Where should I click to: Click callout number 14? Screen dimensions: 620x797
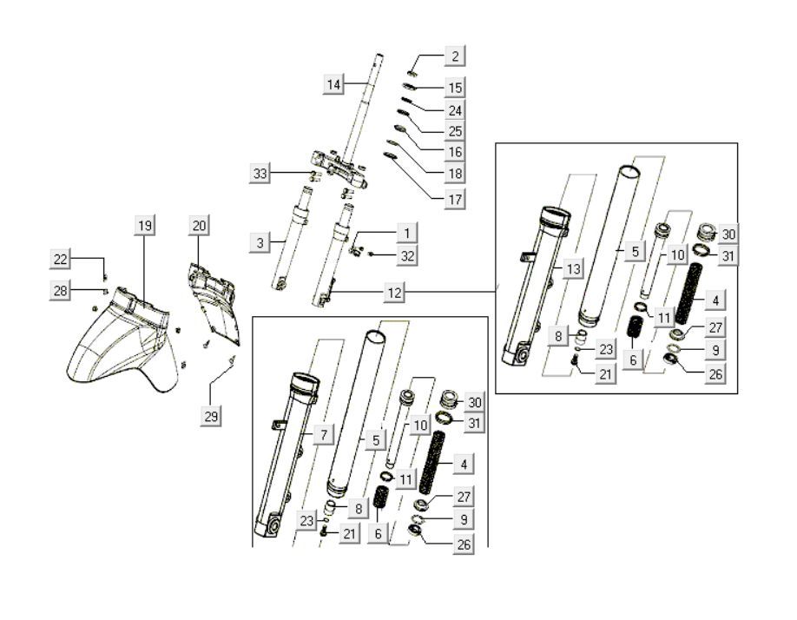coord(334,84)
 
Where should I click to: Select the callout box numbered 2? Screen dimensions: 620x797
coord(453,57)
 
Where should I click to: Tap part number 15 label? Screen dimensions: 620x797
coord(454,88)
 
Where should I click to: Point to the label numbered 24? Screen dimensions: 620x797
coord(454,110)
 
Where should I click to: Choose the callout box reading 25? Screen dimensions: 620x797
coord(454,131)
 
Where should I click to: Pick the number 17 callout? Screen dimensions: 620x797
coord(454,199)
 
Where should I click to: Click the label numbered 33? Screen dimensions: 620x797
coord(259,173)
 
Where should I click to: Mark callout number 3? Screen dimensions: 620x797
coord(260,243)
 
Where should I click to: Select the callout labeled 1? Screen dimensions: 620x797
coord(405,233)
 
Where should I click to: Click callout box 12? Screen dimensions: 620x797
coord(394,294)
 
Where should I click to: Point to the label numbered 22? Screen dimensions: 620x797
coord(60,259)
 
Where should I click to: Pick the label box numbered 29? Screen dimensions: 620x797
coord(209,417)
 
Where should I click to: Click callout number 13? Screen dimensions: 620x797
coord(572,270)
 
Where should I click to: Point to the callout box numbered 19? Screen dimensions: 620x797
coord(144,226)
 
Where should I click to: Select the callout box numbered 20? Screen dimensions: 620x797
coord(199,226)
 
